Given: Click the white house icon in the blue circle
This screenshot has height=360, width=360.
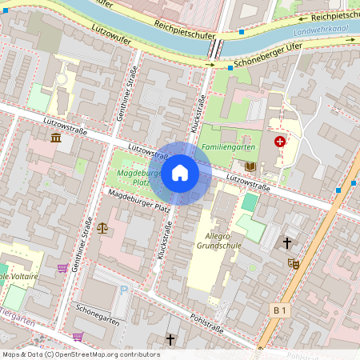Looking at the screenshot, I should click(180, 173).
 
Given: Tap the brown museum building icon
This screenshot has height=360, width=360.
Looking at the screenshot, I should click(56, 138).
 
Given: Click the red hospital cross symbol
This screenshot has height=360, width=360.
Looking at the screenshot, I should click(279, 142).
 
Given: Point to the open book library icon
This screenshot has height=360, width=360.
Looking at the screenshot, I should click(250, 166).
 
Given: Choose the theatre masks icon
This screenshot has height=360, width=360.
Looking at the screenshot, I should click(293, 262).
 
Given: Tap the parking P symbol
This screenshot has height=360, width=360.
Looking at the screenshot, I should click(122, 291).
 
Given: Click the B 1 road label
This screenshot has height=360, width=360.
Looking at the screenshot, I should click(279, 310).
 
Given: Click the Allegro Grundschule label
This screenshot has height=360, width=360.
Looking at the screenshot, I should click(213, 242).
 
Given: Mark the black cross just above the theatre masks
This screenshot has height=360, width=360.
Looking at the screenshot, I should click(287, 242).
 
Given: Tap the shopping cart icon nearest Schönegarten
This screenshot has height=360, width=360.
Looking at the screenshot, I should click(78, 336).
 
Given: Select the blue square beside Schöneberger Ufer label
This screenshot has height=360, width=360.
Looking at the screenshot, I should click(230, 68).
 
